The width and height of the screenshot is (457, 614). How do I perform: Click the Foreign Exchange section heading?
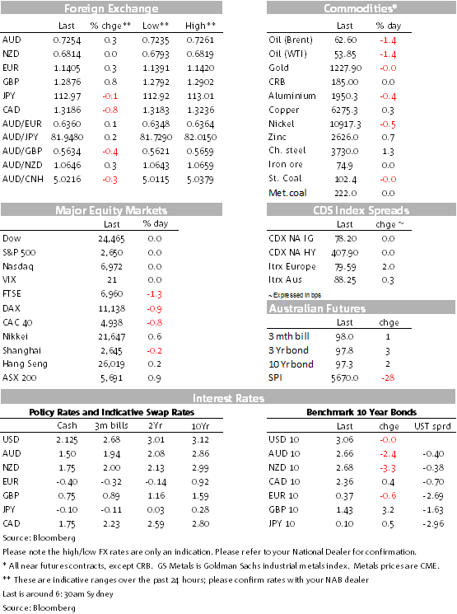tap(111, 8)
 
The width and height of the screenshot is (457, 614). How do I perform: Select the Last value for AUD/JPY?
tap(67, 138)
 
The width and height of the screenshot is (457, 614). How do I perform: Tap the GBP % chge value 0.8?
tap(110, 82)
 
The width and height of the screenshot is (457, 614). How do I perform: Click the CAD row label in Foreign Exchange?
tap(11, 110)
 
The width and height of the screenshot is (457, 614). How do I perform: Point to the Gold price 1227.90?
tap(346, 68)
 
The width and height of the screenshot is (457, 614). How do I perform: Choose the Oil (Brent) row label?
tap(291, 40)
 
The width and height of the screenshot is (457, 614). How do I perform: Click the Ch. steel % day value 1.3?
tap(388, 152)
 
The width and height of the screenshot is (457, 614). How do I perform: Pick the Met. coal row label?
tap(287, 193)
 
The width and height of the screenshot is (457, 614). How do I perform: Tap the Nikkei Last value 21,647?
tap(111, 337)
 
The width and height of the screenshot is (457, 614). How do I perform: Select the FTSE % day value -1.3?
tap(154, 294)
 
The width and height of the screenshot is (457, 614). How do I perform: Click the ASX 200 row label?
tap(19, 377)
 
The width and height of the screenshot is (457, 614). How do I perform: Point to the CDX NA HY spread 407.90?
tap(345, 253)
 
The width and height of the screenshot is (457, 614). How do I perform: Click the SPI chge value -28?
tap(388, 377)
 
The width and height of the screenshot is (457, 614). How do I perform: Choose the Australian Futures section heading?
tap(317, 308)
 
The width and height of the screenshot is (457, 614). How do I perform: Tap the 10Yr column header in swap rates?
tap(200, 426)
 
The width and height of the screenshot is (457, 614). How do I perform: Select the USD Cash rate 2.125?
tap(67, 440)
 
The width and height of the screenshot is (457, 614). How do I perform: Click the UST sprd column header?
tap(432, 426)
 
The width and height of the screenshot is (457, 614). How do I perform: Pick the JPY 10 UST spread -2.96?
tap(433, 524)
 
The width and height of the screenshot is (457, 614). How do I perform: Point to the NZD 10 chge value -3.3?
tap(388, 468)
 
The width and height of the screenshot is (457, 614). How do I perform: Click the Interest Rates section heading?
tap(229, 398)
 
